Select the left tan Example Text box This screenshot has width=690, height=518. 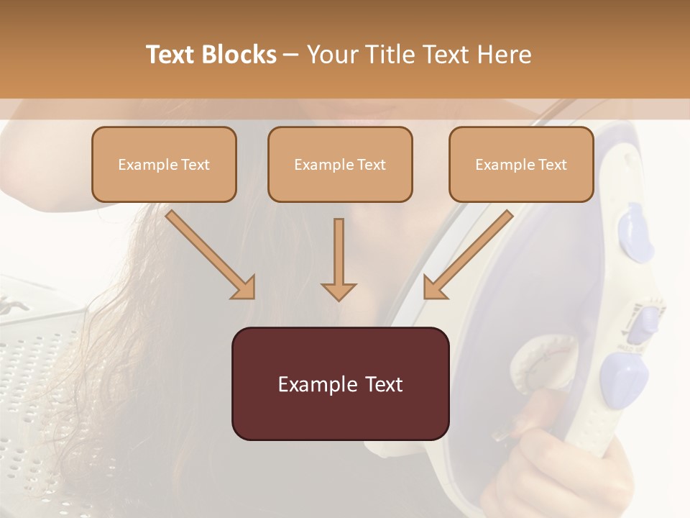(x=164, y=165)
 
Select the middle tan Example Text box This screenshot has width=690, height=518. (x=340, y=165)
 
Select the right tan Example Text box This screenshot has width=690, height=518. (x=521, y=165)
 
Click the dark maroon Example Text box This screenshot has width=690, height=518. (x=340, y=383)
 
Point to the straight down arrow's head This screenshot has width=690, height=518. (x=339, y=291)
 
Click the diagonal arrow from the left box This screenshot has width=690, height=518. (x=208, y=253)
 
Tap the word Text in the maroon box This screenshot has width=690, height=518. (x=380, y=384)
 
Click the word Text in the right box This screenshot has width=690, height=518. (x=552, y=165)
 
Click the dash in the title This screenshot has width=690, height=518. (x=291, y=55)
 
